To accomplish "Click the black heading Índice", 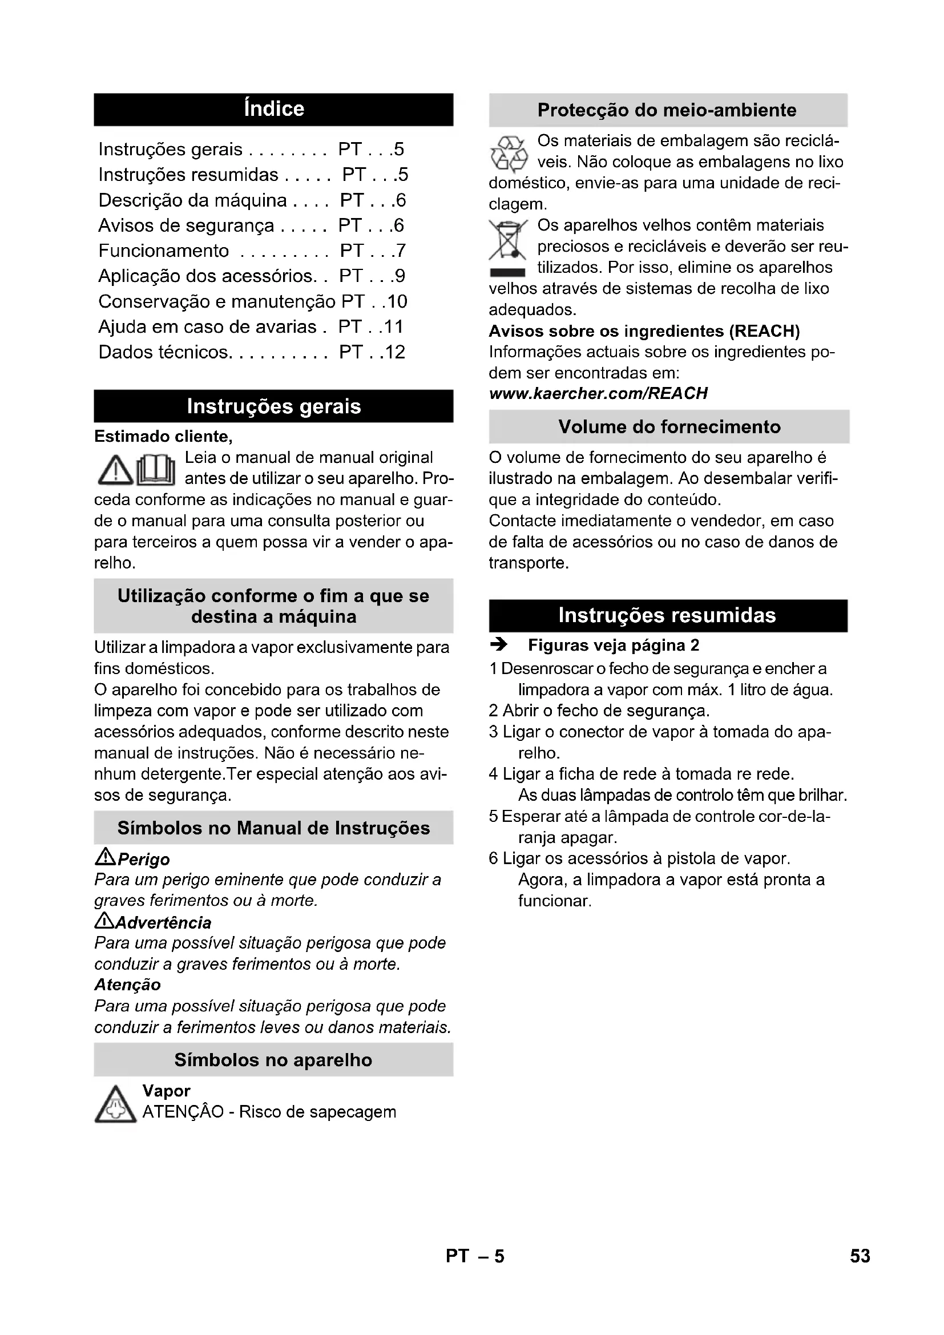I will point(273,110).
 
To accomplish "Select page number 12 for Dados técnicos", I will point(396,352).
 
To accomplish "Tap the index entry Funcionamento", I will point(163,251).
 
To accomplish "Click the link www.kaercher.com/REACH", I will point(598,394).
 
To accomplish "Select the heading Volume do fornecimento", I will point(669,427).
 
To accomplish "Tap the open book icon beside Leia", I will point(156,470).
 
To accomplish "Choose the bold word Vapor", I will point(166,1091).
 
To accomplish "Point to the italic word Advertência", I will point(163,923).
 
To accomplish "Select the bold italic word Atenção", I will point(127,985).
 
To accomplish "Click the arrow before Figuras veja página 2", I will point(499,645).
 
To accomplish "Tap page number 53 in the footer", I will point(860,1256).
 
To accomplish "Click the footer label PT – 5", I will point(475,1256).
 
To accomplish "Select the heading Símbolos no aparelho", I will point(273,1060).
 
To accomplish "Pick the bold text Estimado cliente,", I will point(163,437).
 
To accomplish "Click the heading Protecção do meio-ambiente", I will point(667,110).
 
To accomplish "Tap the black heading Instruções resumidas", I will point(667,615).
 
